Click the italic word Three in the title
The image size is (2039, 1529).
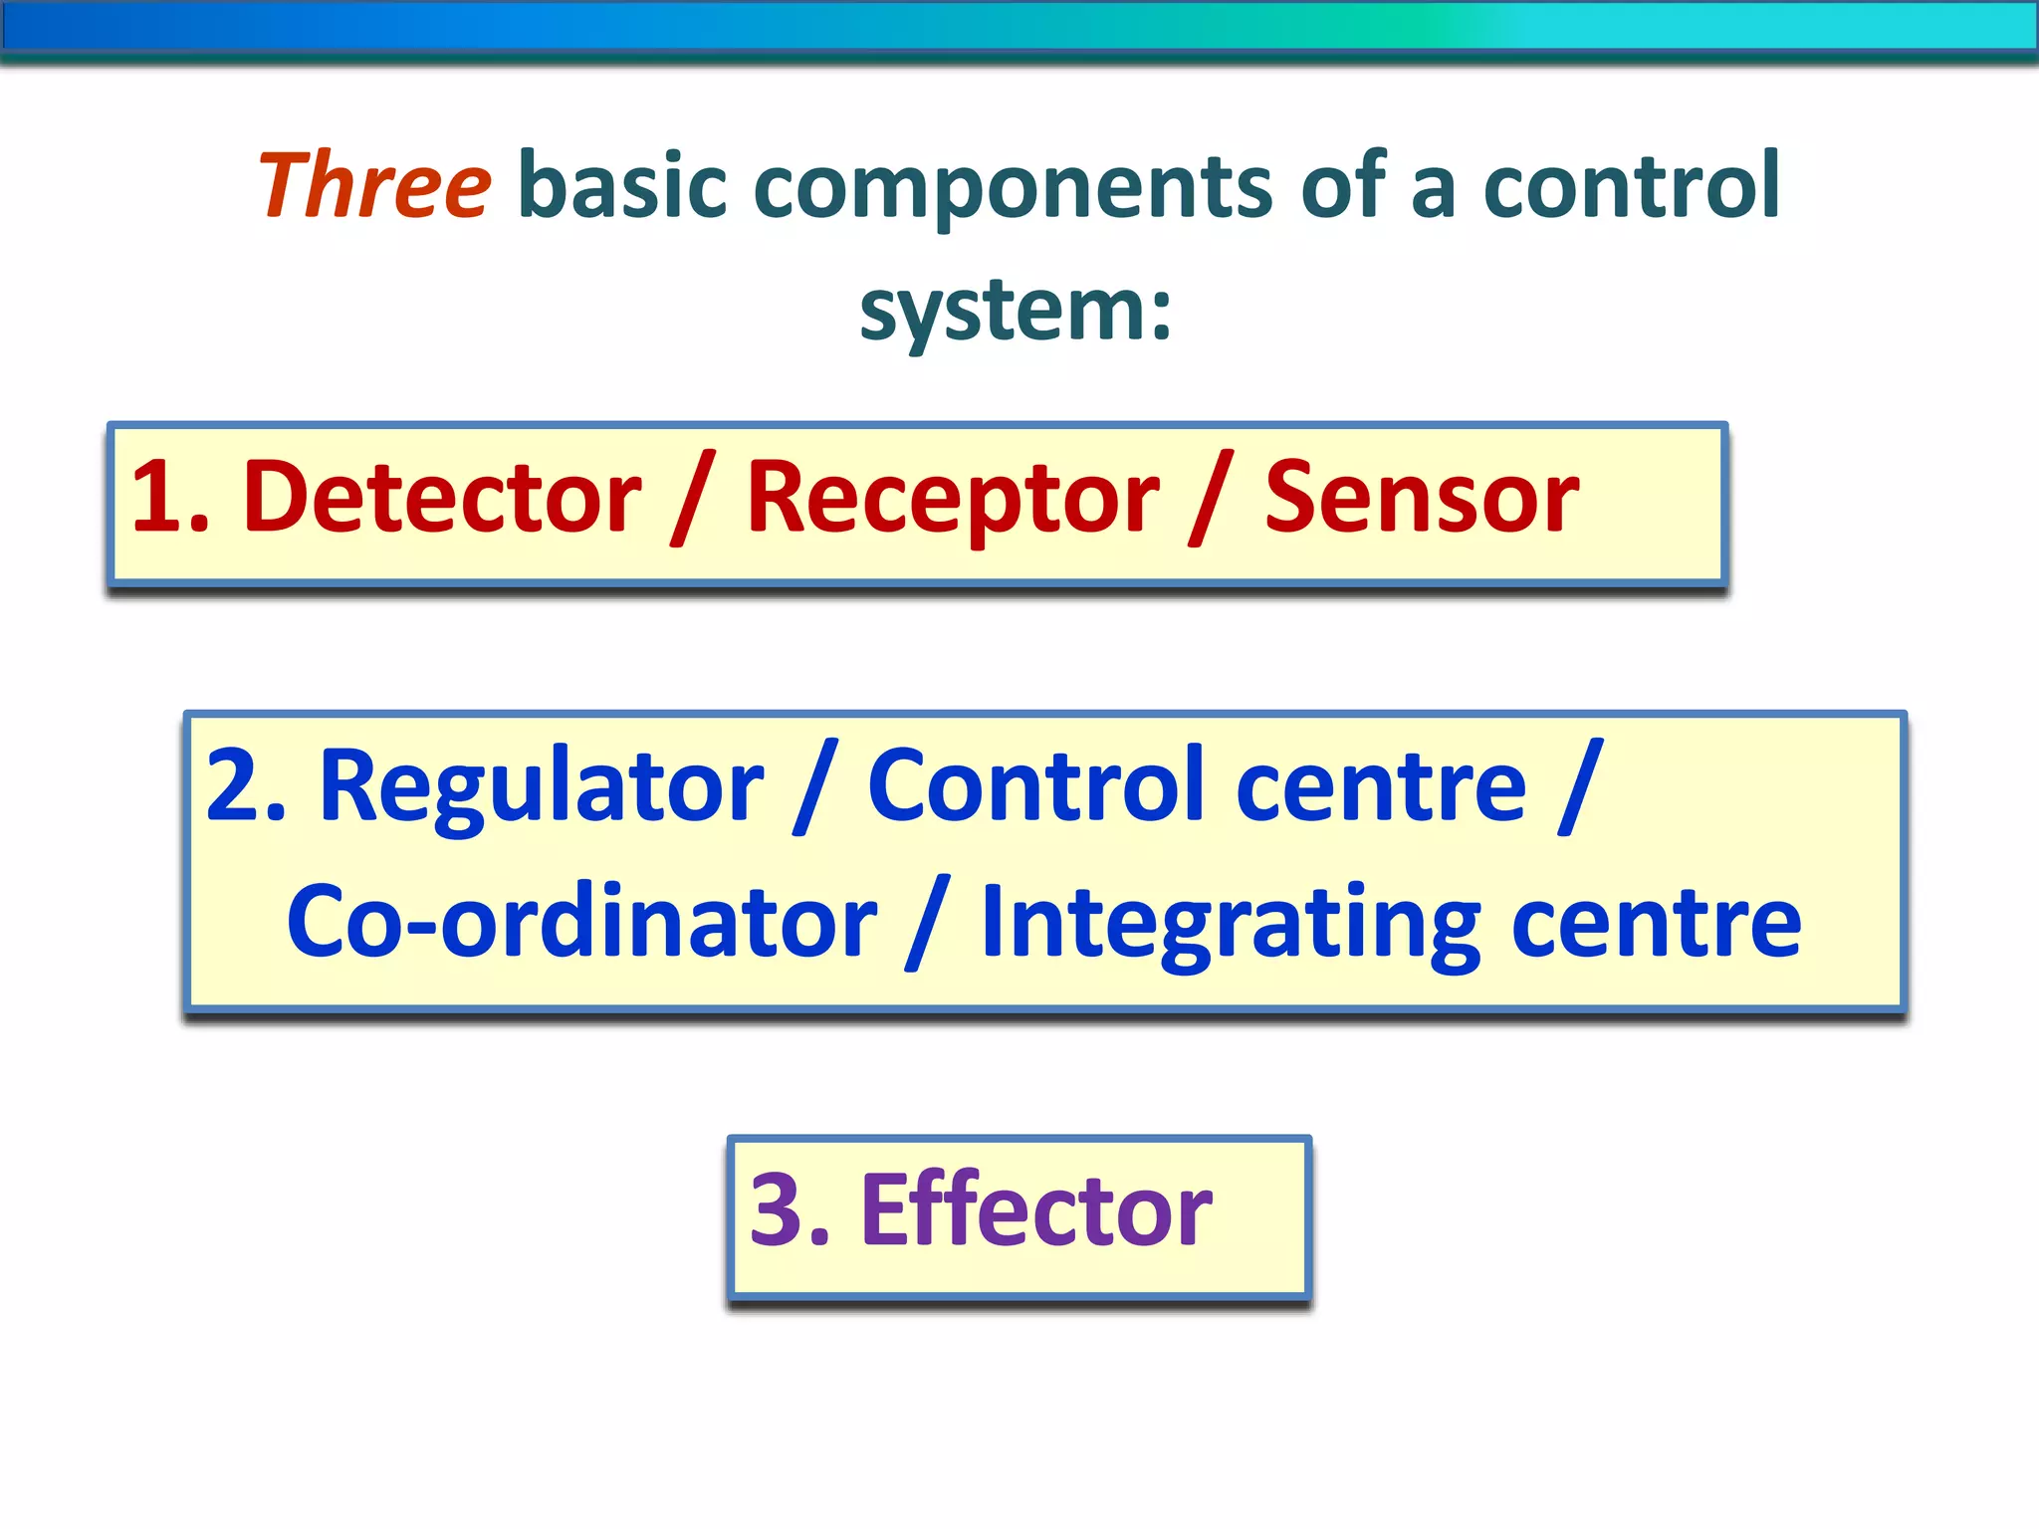coord(373,185)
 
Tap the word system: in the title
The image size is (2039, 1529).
coord(1016,311)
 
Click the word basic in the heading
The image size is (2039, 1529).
coord(623,185)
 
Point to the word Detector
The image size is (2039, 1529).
coord(442,498)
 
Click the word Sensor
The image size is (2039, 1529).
coord(1421,498)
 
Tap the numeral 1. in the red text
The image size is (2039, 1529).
coord(169,498)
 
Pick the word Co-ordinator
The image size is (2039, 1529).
coord(581,923)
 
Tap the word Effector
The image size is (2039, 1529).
coord(1035,1210)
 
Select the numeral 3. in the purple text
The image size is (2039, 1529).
coord(790,1210)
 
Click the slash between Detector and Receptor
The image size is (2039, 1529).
coord(693,498)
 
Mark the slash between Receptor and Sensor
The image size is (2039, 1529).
coord(1212,498)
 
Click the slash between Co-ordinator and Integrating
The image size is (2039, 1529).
coord(928,923)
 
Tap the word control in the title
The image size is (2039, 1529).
coord(1631,185)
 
